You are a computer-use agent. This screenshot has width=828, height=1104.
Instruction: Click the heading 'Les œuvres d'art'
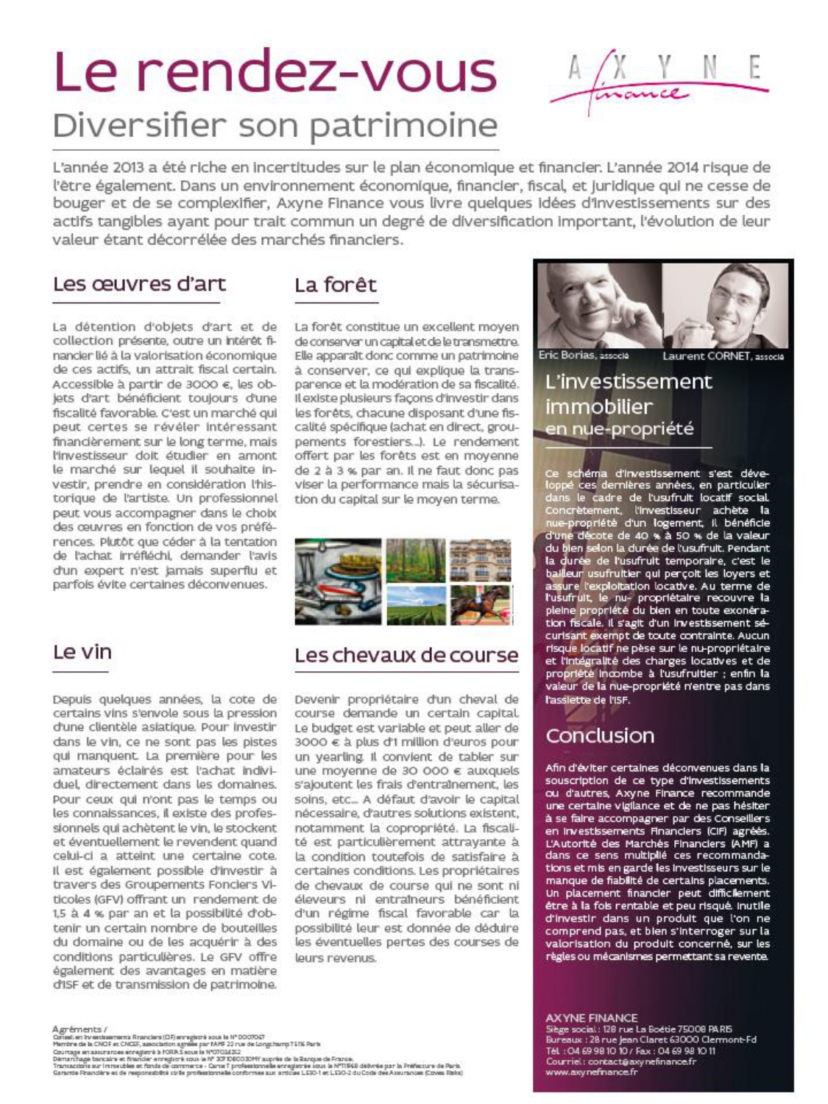(x=139, y=284)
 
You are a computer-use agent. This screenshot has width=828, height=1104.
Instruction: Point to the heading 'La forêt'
(x=336, y=285)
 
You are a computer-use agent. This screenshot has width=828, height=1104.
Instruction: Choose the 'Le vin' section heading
(x=82, y=651)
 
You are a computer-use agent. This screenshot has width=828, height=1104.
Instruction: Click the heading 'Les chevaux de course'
(x=406, y=654)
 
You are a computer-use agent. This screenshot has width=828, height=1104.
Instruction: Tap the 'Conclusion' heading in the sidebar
(x=600, y=735)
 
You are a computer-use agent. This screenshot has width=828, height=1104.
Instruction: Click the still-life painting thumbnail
(x=339, y=581)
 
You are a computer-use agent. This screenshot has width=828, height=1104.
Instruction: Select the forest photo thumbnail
(x=415, y=561)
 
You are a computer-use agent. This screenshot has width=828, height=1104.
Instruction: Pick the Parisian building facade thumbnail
(x=480, y=561)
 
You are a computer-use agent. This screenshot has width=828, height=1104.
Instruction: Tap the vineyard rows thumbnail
(x=415, y=605)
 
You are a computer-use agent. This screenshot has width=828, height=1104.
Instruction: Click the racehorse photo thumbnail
(x=480, y=605)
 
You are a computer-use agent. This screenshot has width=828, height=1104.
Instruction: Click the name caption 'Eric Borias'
(x=566, y=355)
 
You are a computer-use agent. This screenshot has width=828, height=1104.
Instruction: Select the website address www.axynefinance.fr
(x=591, y=1072)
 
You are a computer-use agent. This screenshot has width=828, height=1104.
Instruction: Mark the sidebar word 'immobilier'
(x=589, y=406)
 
